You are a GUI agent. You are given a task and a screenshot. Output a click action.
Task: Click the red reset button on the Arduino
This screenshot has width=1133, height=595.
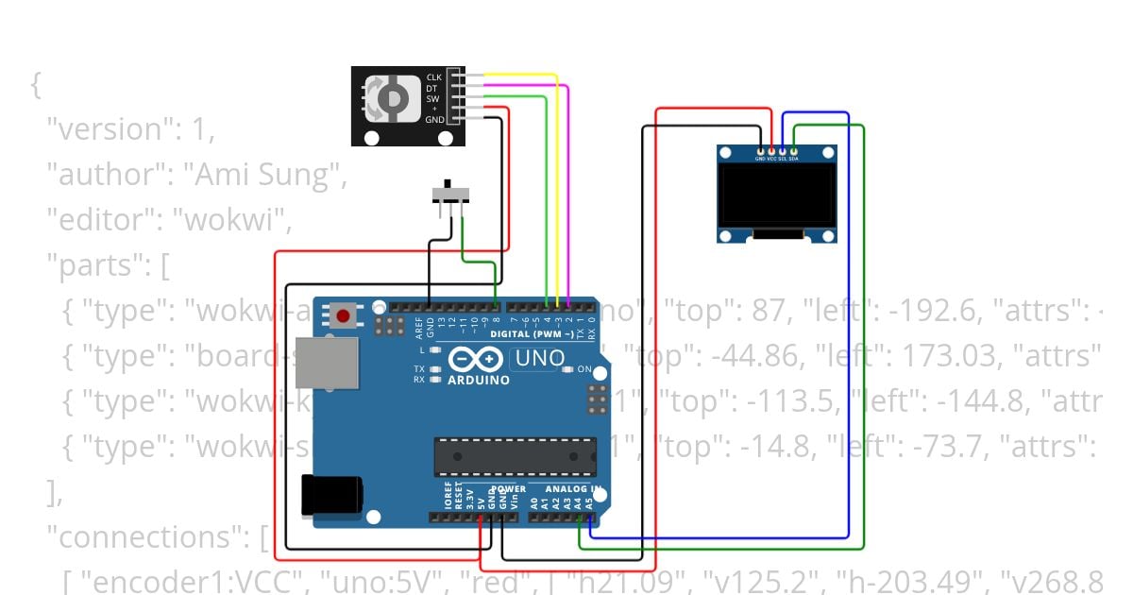[343, 315]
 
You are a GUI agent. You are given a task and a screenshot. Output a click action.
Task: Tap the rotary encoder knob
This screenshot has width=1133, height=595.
[388, 97]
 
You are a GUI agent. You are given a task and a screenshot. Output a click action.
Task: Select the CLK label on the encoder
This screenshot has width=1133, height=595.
[433, 76]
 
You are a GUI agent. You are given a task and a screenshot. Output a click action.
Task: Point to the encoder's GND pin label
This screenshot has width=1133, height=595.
[433, 120]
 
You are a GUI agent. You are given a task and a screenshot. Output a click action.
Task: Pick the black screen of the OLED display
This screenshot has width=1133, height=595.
[776, 195]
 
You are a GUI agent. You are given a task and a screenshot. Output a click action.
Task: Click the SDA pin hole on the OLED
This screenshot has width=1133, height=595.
[794, 150]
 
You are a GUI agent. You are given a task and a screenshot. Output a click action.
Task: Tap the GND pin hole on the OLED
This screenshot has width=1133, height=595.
[760, 150]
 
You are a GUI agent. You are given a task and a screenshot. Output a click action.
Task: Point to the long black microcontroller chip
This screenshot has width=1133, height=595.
[515, 457]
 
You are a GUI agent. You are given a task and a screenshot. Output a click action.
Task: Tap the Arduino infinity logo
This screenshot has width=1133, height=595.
[469, 360]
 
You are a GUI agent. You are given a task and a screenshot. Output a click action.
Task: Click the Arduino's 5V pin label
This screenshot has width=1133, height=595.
[481, 499]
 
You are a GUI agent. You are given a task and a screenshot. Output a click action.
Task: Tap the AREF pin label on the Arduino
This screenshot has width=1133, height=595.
[419, 327]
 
